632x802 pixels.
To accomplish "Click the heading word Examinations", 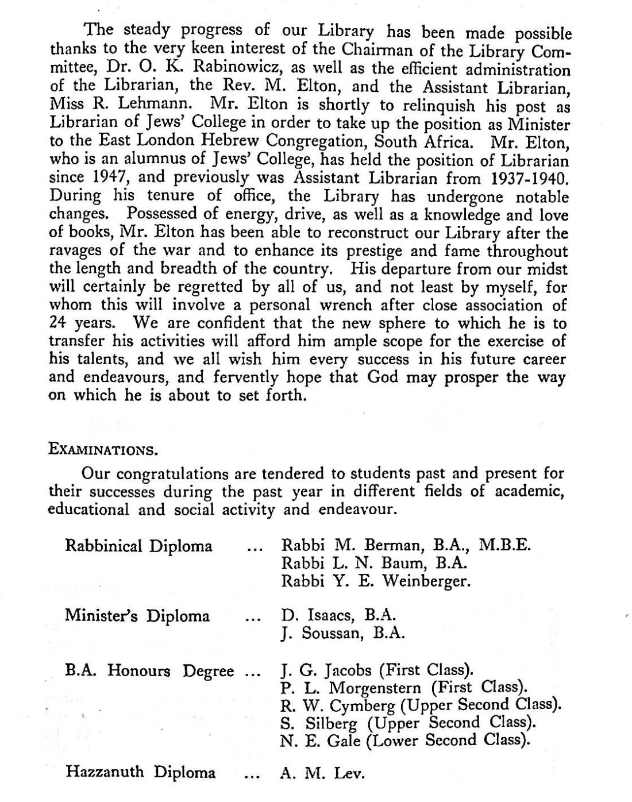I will pos(103,449).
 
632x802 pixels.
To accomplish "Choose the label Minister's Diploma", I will pos(137,616).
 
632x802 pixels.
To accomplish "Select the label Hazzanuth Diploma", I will pos(141,772).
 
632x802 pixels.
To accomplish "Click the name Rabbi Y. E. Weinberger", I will pos(376,581).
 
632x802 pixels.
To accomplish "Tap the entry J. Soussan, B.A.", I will pos(343,634).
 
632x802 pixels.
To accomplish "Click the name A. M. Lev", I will pos(322,773).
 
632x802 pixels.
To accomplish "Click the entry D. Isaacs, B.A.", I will pos(338,616).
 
